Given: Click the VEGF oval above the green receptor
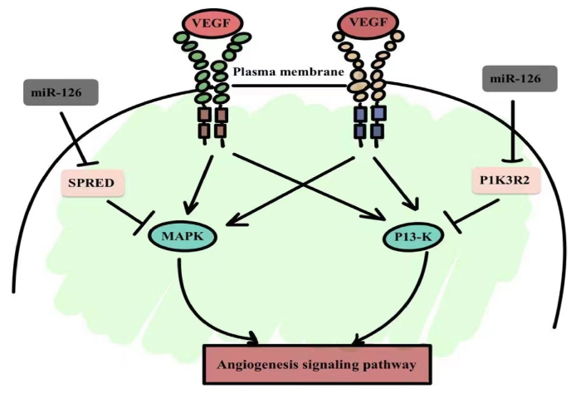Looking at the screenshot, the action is [212, 24].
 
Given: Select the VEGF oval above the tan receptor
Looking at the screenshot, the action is [368, 23].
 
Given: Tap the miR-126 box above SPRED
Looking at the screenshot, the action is [61, 92].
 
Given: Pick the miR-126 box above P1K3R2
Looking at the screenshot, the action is [520, 78].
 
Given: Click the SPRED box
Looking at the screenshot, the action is [92, 183].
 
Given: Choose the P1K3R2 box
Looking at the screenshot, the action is [505, 180].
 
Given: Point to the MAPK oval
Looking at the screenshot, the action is [183, 236].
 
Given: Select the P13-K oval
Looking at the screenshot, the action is [413, 237].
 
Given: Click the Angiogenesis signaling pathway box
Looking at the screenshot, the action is [317, 364].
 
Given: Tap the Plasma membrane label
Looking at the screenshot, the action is [289, 71].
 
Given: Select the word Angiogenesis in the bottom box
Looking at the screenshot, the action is [256, 365].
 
